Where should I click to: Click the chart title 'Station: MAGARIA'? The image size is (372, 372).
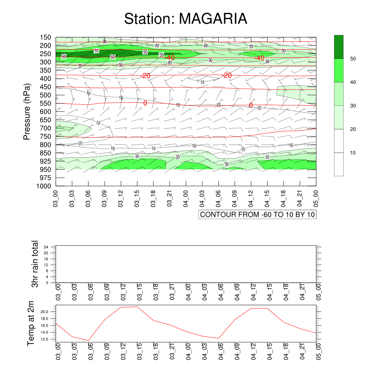click(x=186, y=19)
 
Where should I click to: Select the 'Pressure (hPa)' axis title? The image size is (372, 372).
click(x=27, y=112)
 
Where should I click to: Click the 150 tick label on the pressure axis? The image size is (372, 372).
click(x=45, y=37)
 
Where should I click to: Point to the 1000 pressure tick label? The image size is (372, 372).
click(x=44, y=186)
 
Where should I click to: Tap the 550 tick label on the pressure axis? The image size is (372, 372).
click(x=45, y=104)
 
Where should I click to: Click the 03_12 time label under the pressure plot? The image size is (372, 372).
click(x=121, y=198)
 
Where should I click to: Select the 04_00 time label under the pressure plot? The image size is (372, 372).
click(x=186, y=198)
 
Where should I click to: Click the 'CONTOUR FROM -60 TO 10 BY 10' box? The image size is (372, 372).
click(x=258, y=214)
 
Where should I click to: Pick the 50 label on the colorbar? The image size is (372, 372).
click(x=353, y=59)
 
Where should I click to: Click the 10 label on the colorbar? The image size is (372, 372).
click(x=353, y=153)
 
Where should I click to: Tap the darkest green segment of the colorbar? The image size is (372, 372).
click(x=339, y=47)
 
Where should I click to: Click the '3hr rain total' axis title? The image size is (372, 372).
click(x=35, y=264)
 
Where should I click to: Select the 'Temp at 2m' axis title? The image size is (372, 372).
click(x=31, y=323)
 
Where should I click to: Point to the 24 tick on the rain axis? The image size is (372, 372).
click(x=46, y=247)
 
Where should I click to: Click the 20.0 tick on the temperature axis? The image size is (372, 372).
click(x=44, y=312)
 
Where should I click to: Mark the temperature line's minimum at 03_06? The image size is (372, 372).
click(x=88, y=340)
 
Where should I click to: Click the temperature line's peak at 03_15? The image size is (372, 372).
click(x=137, y=307)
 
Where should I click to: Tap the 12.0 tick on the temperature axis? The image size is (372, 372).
click(x=44, y=339)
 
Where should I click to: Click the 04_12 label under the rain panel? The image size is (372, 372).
click(x=253, y=292)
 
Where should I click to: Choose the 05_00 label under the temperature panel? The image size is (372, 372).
click(x=319, y=351)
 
